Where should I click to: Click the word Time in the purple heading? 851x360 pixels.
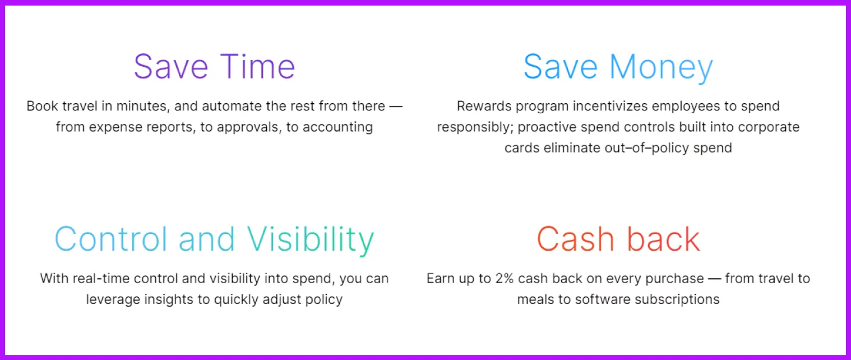click(257, 67)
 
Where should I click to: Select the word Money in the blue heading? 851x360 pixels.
click(661, 68)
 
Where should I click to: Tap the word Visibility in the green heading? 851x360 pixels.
click(311, 240)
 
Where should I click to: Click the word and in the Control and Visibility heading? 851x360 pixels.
click(207, 239)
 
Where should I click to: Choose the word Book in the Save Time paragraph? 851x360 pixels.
click(42, 106)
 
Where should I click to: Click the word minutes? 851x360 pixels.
click(142, 107)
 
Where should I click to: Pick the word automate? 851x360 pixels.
click(232, 106)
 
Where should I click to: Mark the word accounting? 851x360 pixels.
click(337, 127)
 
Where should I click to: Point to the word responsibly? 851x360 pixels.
click(475, 127)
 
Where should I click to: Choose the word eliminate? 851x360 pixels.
click(572, 148)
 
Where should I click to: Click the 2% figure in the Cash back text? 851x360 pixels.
click(505, 279)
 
